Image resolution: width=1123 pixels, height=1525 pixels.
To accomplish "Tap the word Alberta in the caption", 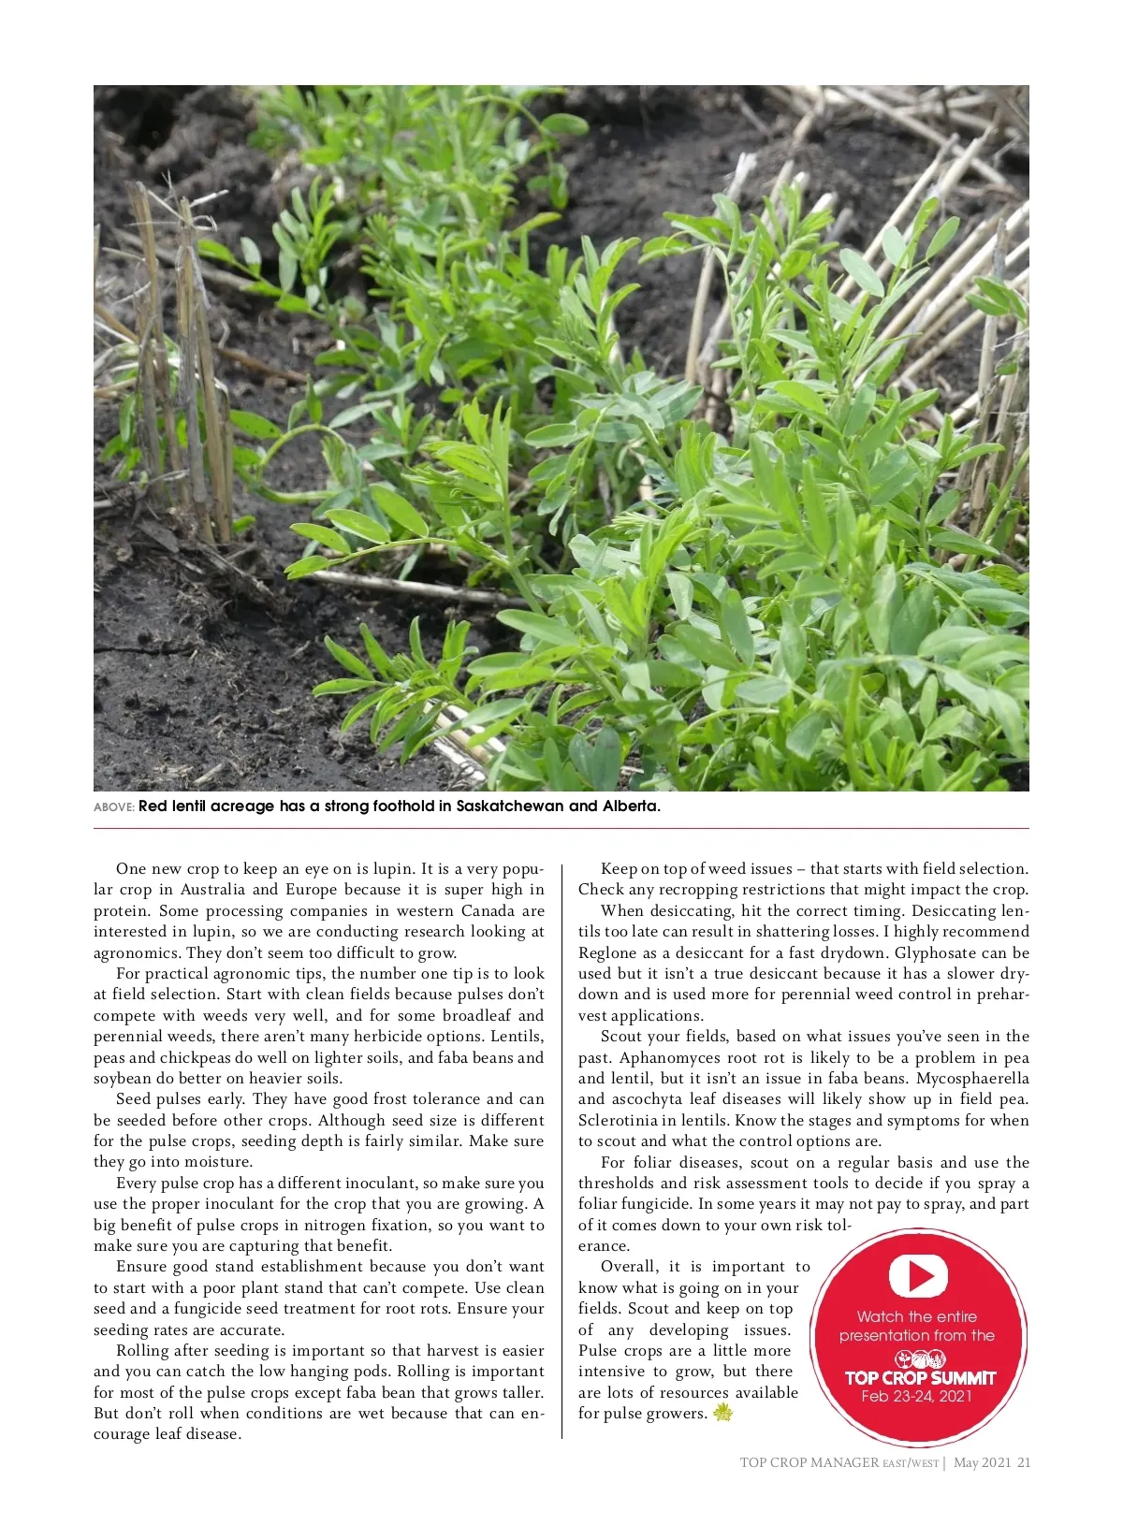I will [x=631, y=806].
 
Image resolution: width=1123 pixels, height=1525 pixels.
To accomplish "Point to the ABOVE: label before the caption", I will [x=114, y=807].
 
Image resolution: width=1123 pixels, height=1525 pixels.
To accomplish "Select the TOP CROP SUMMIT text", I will [x=920, y=1377].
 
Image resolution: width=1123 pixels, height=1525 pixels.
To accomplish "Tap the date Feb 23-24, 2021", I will [x=916, y=1397].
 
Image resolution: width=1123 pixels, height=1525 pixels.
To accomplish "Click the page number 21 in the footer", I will [x=1024, y=1463].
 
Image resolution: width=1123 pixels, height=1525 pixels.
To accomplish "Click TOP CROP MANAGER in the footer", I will [x=809, y=1463].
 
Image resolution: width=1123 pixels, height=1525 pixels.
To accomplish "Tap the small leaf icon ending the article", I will [x=722, y=1413].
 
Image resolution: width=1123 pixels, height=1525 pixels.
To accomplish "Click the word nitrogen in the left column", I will [x=357, y=1226].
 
